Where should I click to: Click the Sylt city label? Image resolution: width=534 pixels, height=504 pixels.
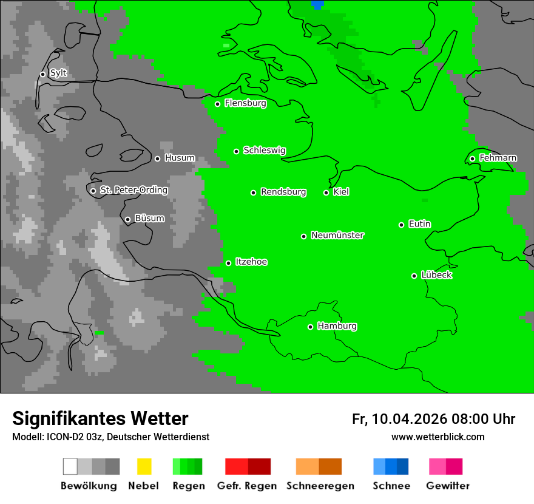58,73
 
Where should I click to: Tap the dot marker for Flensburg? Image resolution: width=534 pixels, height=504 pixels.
217,104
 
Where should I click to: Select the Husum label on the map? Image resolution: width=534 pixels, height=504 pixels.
180,158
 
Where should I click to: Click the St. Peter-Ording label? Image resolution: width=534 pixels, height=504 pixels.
133,190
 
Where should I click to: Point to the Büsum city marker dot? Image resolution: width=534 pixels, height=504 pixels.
127,219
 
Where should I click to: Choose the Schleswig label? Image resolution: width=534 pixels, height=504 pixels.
264,150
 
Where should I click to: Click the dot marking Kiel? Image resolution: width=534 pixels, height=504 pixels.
326,192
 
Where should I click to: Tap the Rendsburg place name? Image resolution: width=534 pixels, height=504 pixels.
283,192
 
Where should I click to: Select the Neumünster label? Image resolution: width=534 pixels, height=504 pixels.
337,235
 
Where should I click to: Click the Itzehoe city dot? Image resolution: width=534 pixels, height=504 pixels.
228,263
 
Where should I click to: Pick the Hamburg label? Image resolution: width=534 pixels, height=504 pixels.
337,326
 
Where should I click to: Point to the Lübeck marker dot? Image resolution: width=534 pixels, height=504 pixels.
414,276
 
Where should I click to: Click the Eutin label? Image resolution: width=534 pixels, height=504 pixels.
419,224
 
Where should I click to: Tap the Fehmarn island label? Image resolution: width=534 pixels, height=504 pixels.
498,158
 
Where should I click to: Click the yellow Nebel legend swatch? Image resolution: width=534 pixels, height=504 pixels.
144,466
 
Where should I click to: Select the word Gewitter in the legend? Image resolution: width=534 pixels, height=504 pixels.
448,486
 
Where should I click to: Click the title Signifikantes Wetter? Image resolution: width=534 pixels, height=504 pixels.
100,418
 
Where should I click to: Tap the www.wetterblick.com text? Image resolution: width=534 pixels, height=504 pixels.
438,437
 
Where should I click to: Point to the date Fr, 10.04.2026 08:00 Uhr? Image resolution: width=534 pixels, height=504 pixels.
433,419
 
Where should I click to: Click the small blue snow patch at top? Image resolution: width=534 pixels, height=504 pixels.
317,4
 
